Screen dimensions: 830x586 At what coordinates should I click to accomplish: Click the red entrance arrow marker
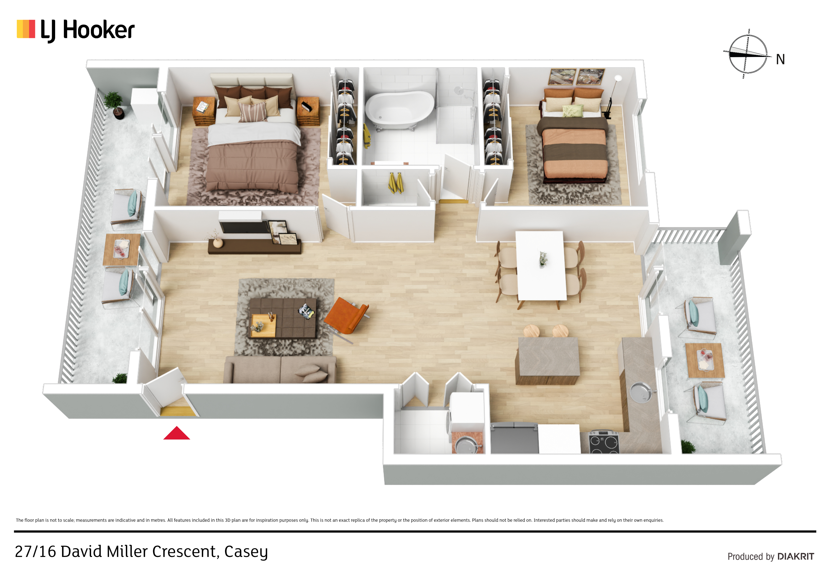177,434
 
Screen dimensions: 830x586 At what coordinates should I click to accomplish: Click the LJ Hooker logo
75,30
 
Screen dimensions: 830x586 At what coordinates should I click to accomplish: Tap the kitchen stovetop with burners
604,443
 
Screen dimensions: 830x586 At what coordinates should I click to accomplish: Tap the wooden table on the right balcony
705,360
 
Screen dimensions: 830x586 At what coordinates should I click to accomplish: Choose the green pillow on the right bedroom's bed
573,111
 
